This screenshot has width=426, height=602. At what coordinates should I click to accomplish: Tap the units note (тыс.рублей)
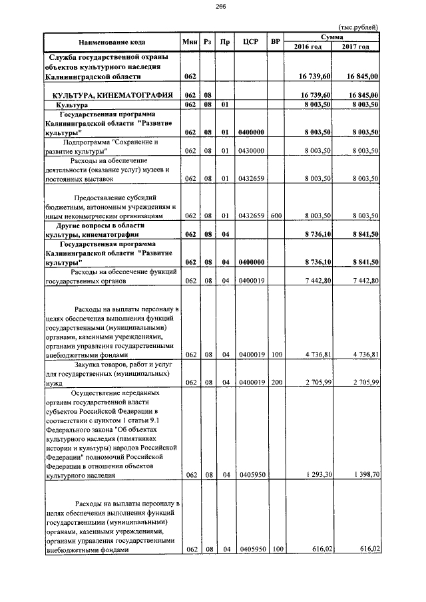(x=359, y=27)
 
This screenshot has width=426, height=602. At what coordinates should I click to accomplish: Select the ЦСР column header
(x=251, y=42)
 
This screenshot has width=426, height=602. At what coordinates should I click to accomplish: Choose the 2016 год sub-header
(x=308, y=47)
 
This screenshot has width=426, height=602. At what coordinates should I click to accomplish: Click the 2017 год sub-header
(x=355, y=47)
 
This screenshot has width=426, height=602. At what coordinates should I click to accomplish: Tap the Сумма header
(x=331, y=37)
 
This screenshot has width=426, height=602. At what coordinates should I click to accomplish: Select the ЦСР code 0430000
(x=251, y=151)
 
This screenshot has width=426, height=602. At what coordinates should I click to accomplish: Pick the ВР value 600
(x=276, y=216)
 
